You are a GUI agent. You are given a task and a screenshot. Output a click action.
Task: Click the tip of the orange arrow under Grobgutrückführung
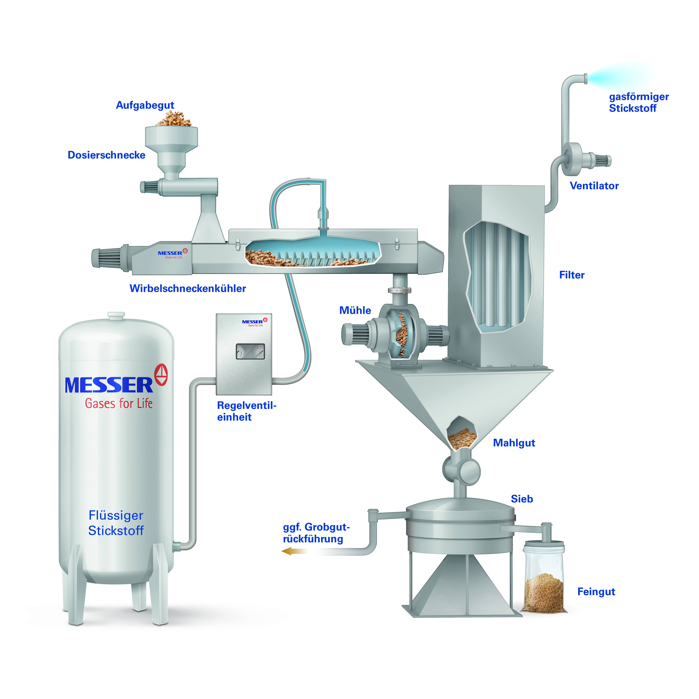point(282,551)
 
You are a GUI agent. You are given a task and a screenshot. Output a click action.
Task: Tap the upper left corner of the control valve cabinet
point(216,314)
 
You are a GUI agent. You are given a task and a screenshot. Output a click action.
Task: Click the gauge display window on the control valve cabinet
point(250,351)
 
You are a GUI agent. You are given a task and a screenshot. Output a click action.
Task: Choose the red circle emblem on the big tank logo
point(161,375)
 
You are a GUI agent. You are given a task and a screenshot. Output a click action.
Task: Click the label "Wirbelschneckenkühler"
point(188,288)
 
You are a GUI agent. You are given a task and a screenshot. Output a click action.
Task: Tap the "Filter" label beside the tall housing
point(572,275)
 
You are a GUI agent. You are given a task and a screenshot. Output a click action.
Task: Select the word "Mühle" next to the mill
point(355,310)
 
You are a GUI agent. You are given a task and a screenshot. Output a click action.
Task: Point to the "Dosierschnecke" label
point(106,155)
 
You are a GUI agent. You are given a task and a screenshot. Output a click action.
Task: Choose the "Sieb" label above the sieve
point(522,499)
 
